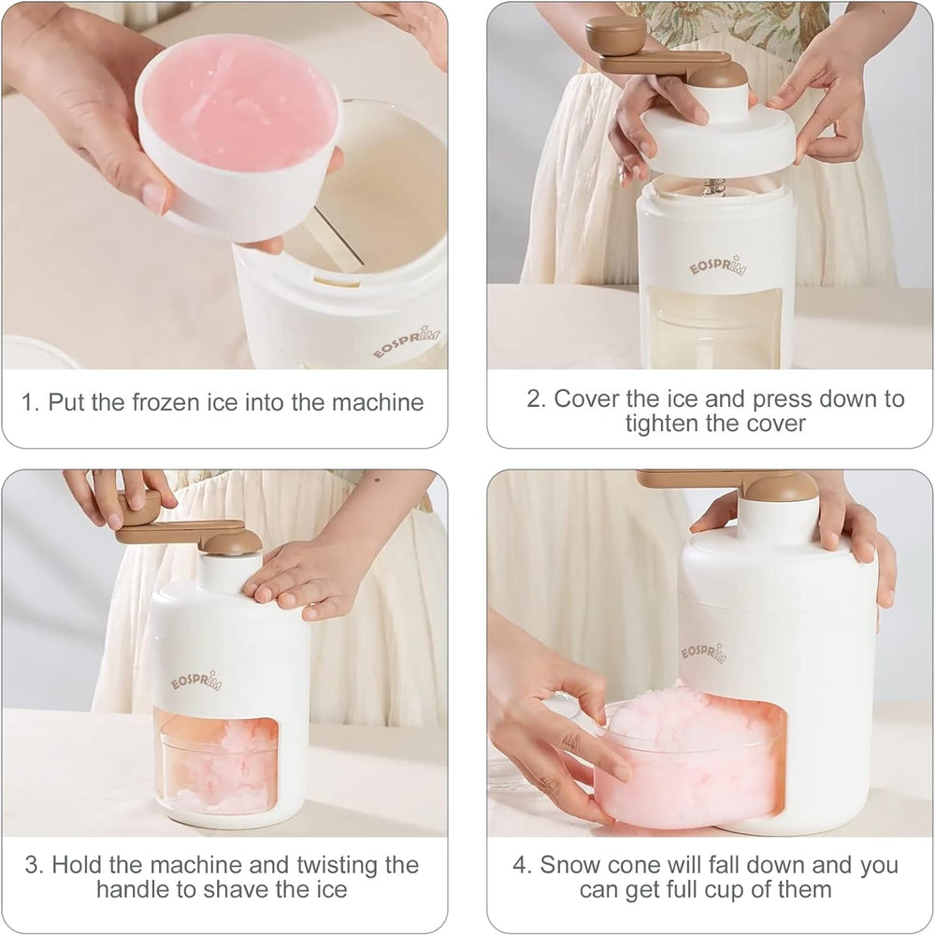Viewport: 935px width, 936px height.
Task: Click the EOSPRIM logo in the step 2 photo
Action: click(x=717, y=265)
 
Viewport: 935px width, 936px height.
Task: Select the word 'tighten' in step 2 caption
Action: click(x=661, y=423)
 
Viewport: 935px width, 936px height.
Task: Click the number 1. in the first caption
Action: click(x=31, y=403)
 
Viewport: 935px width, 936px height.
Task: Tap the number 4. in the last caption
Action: click(x=522, y=864)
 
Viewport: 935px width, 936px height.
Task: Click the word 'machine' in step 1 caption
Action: click(x=377, y=403)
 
